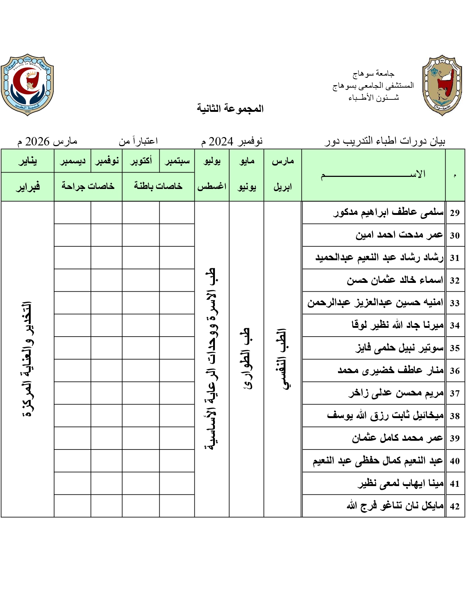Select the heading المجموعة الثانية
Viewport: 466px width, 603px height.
[x=230, y=109]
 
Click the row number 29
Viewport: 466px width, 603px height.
[x=455, y=213]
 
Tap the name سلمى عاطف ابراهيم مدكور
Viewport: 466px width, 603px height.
[x=389, y=212]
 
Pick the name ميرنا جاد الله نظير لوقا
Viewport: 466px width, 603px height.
[x=398, y=325]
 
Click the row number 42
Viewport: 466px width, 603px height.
[x=455, y=506]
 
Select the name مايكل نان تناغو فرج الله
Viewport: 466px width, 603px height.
[x=395, y=506]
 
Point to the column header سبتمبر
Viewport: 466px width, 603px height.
[x=177, y=161]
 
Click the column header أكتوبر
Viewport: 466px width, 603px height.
[x=141, y=161]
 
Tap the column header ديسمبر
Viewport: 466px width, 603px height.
[x=72, y=161]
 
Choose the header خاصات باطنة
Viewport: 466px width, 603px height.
[x=158, y=186]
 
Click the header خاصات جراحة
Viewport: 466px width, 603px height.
[x=88, y=186]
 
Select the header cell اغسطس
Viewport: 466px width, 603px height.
[x=212, y=186]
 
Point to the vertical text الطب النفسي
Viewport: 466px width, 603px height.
[x=283, y=359]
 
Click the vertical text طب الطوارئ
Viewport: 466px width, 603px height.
[x=247, y=359]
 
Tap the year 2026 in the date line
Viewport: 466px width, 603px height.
[x=37, y=141]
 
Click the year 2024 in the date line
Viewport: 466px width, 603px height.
[x=221, y=141]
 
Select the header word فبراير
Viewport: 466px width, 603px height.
[x=27, y=187]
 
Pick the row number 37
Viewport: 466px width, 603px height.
[x=455, y=393]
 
